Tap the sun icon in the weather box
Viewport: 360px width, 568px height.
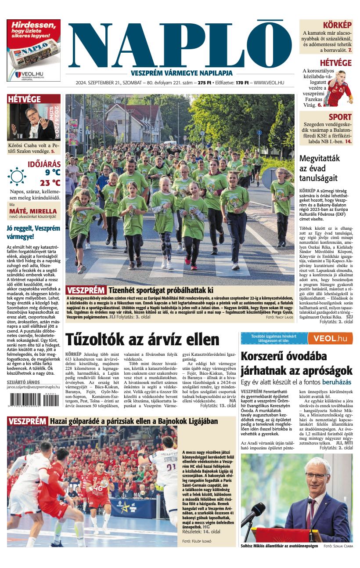pyautogui.click(x=17, y=177)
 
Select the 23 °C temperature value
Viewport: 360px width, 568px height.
pyautogui.click(x=50, y=183)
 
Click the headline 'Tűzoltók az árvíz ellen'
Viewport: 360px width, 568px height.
pyautogui.click(x=142, y=340)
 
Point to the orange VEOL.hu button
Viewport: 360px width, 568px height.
pyautogui.click(x=330, y=338)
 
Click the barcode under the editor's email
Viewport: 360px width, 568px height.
pyautogui.click(x=33, y=400)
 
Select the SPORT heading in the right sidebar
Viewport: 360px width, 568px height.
pyautogui.click(x=340, y=117)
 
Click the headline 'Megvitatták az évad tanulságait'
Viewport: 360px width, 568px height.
pyautogui.click(x=318, y=168)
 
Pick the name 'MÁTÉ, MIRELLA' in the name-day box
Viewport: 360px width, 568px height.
pyautogui.click(x=33, y=211)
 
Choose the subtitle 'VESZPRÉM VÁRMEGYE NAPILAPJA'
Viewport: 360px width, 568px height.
pyautogui.click(x=181, y=73)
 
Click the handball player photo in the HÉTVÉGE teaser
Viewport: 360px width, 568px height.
pyautogui.click(x=337, y=88)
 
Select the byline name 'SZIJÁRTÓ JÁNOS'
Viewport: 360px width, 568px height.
pyautogui.click(x=23, y=382)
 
